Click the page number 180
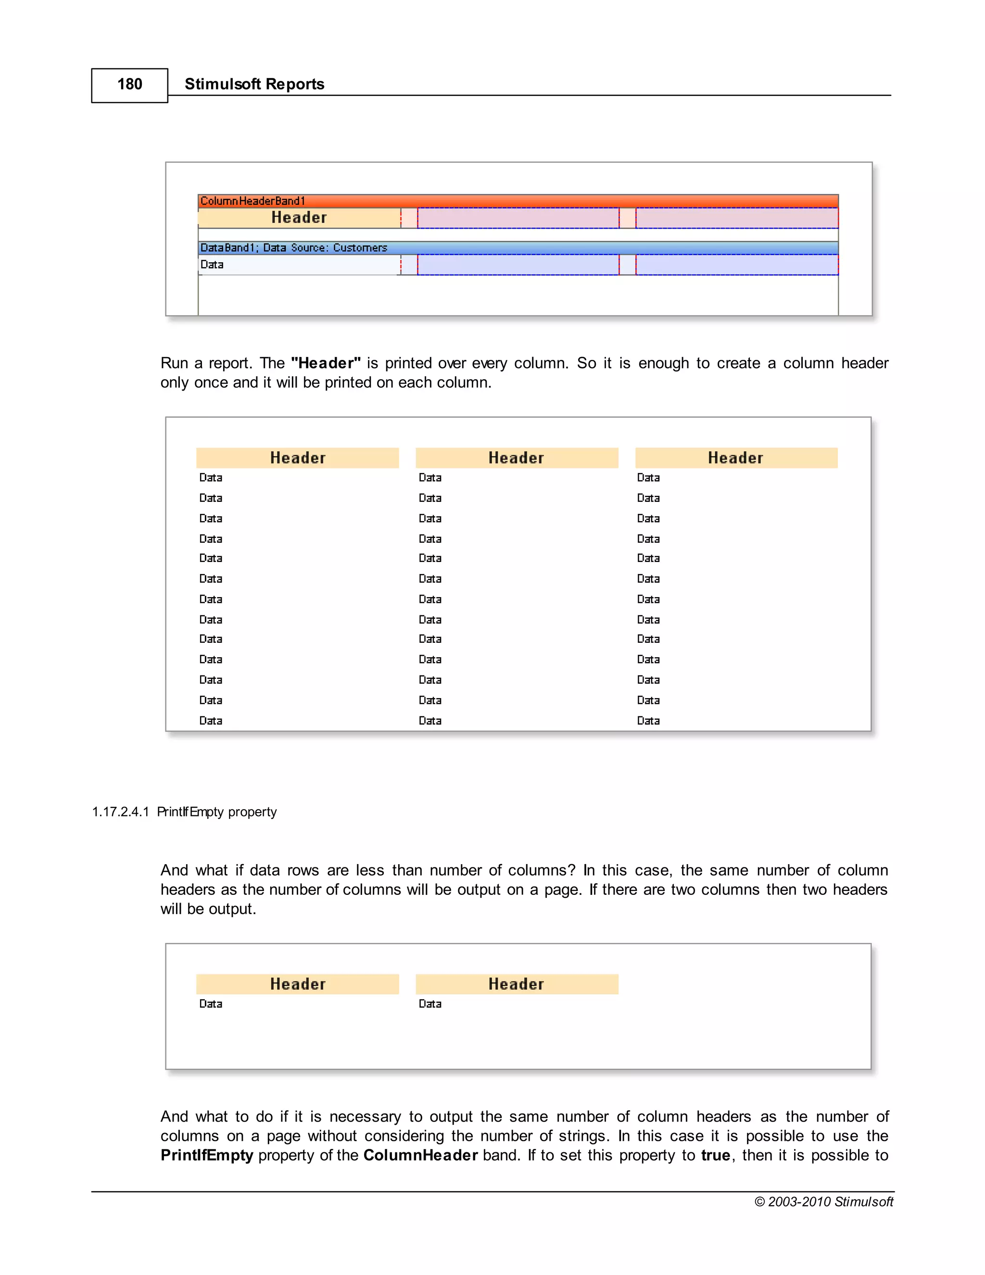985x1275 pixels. (129, 84)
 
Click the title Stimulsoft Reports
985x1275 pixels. (254, 84)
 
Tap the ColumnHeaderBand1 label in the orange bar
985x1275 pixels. (253, 201)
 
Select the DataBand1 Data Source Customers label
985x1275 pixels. (293, 247)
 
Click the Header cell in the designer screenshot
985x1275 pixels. (299, 218)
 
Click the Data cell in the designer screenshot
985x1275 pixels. (212, 265)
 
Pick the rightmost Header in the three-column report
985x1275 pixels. (735, 458)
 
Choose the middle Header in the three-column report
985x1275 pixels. (517, 458)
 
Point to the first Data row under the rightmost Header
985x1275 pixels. (648, 478)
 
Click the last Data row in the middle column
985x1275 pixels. (430, 720)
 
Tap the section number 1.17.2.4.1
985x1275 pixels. (121, 812)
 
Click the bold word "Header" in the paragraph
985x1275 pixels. (326, 363)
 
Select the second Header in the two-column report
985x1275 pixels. (517, 984)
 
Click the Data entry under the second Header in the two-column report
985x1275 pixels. (430, 1004)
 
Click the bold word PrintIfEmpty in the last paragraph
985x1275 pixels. (206, 1155)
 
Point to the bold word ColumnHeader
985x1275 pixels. (420, 1155)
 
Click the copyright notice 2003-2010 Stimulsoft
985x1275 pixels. (823, 1201)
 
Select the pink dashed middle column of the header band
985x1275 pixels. (518, 218)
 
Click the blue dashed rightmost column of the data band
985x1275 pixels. (736, 265)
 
